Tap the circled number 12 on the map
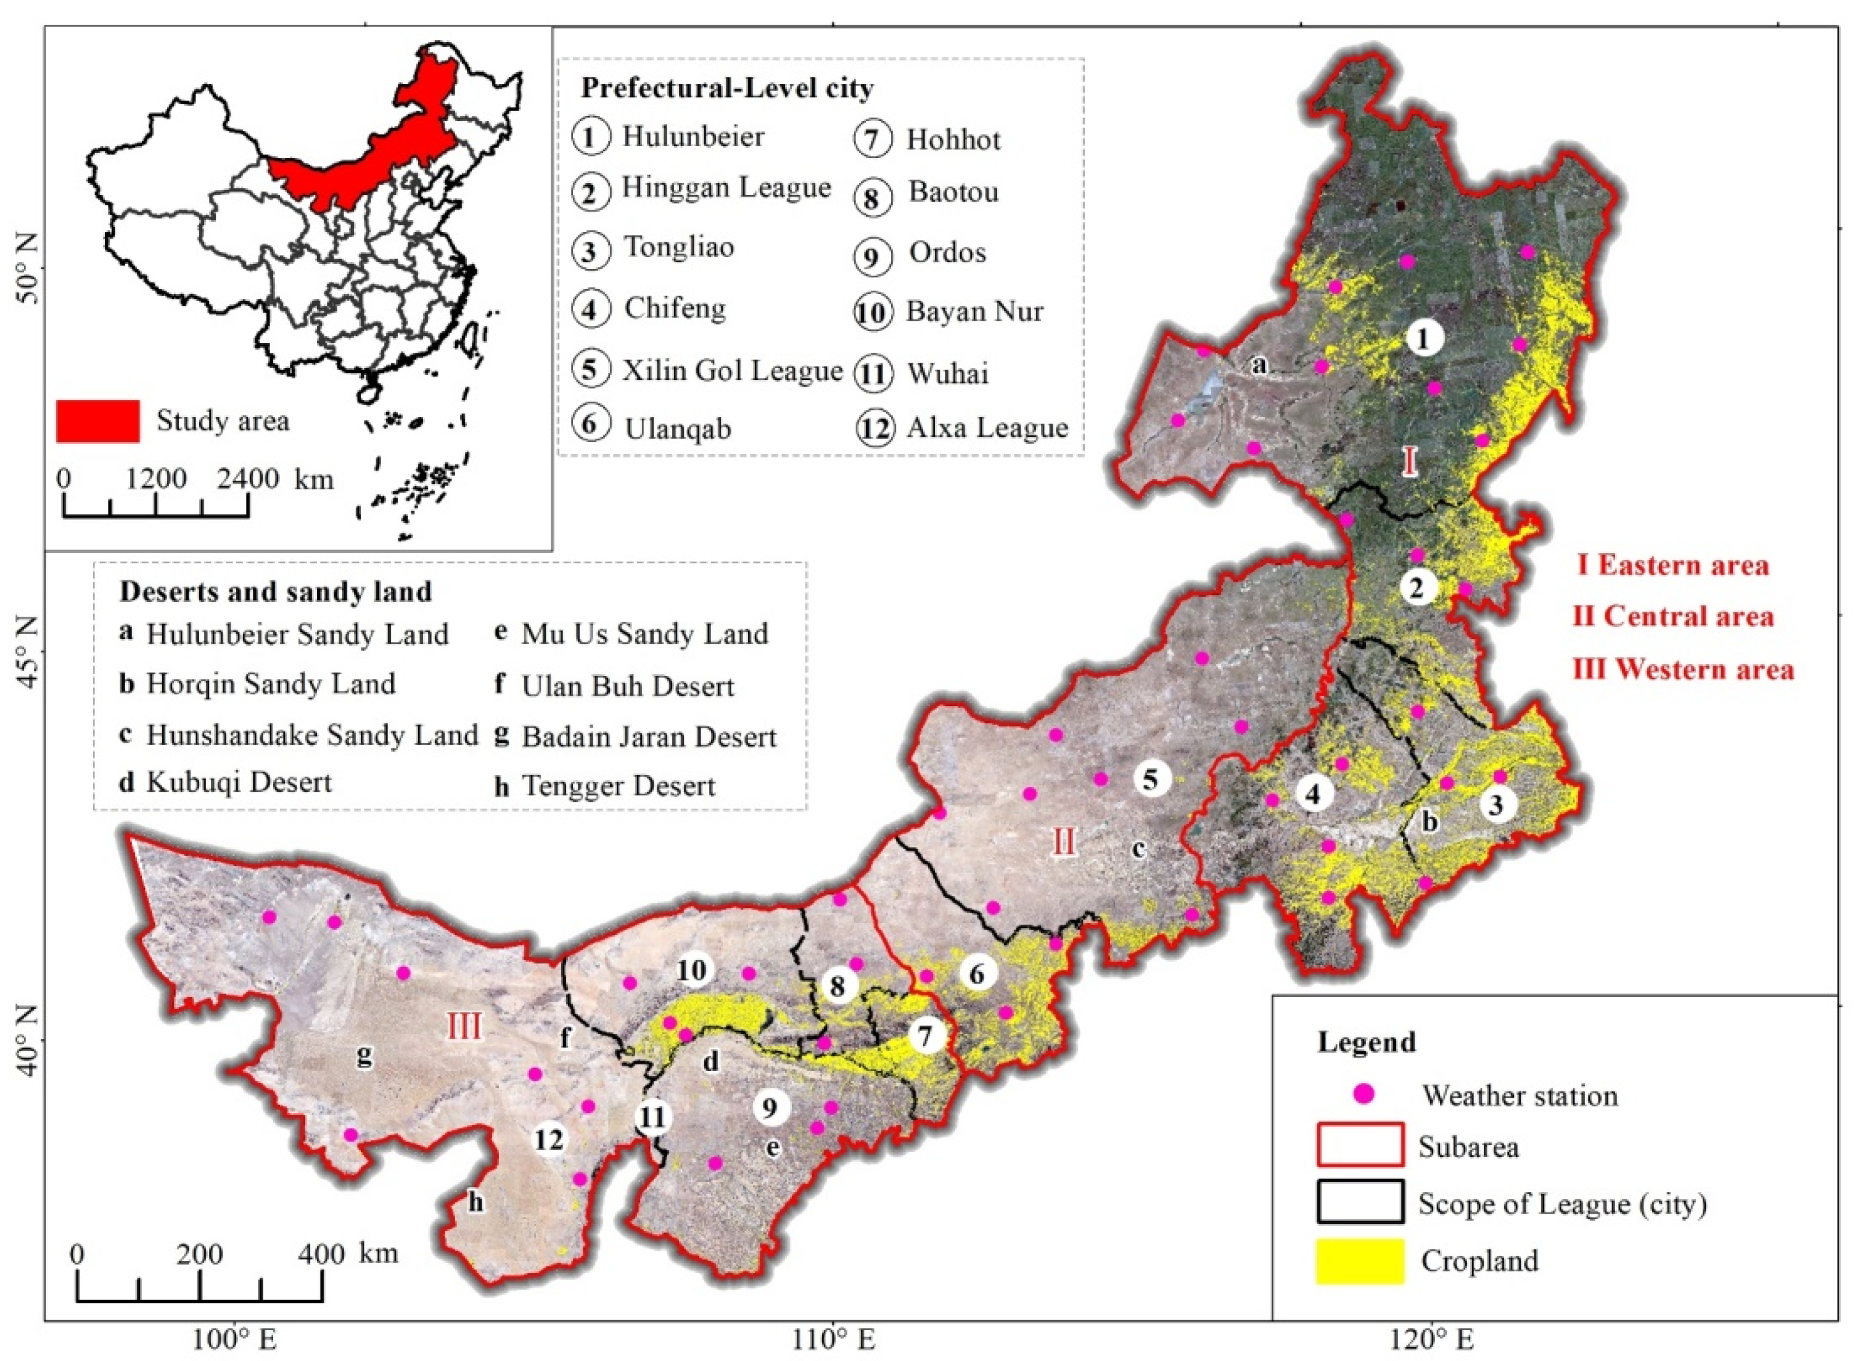tap(549, 1140)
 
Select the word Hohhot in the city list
tap(953, 139)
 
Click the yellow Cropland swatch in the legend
tap(1359, 1261)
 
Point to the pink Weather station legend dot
tap(1365, 1095)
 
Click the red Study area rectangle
tap(97, 421)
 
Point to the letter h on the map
tap(476, 1204)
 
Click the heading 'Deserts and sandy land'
tap(276, 591)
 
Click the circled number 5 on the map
tap(1151, 778)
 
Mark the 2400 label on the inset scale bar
tap(247, 479)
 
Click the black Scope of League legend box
tap(1360, 1203)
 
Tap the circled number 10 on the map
tap(692, 971)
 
